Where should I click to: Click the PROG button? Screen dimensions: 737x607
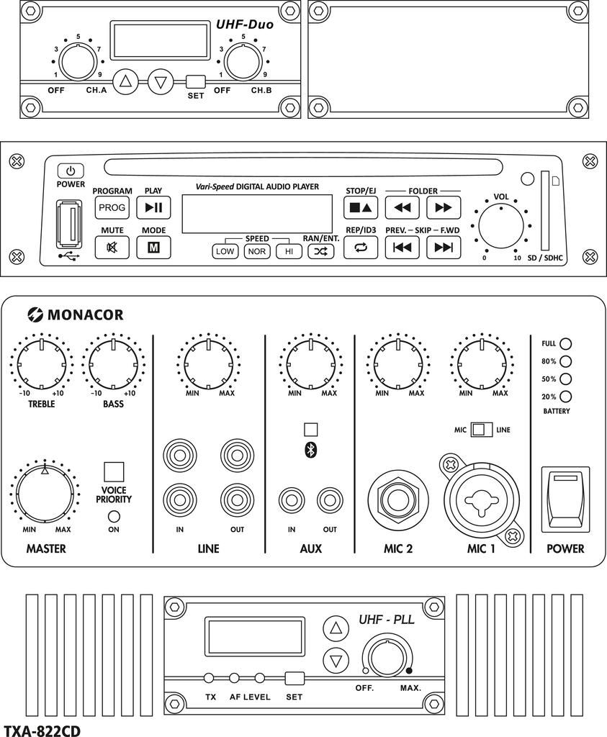[x=112, y=208]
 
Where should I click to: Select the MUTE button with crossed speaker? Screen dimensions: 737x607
[x=112, y=247]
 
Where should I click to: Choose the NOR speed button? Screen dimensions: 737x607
[x=256, y=251]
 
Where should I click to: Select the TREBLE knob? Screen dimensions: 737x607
[x=42, y=363]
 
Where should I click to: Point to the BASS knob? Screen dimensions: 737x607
[x=112, y=363]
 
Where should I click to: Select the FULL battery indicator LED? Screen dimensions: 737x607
[x=566, y=344]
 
